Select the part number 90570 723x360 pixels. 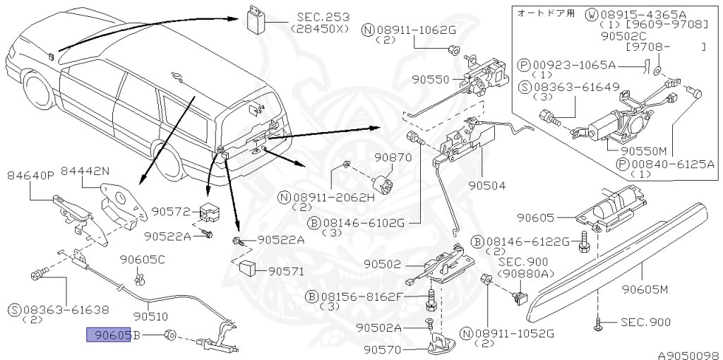383,349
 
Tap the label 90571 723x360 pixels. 286,270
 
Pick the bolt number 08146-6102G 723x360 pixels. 363,223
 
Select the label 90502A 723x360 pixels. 379,328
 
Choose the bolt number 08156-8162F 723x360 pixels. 360,296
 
